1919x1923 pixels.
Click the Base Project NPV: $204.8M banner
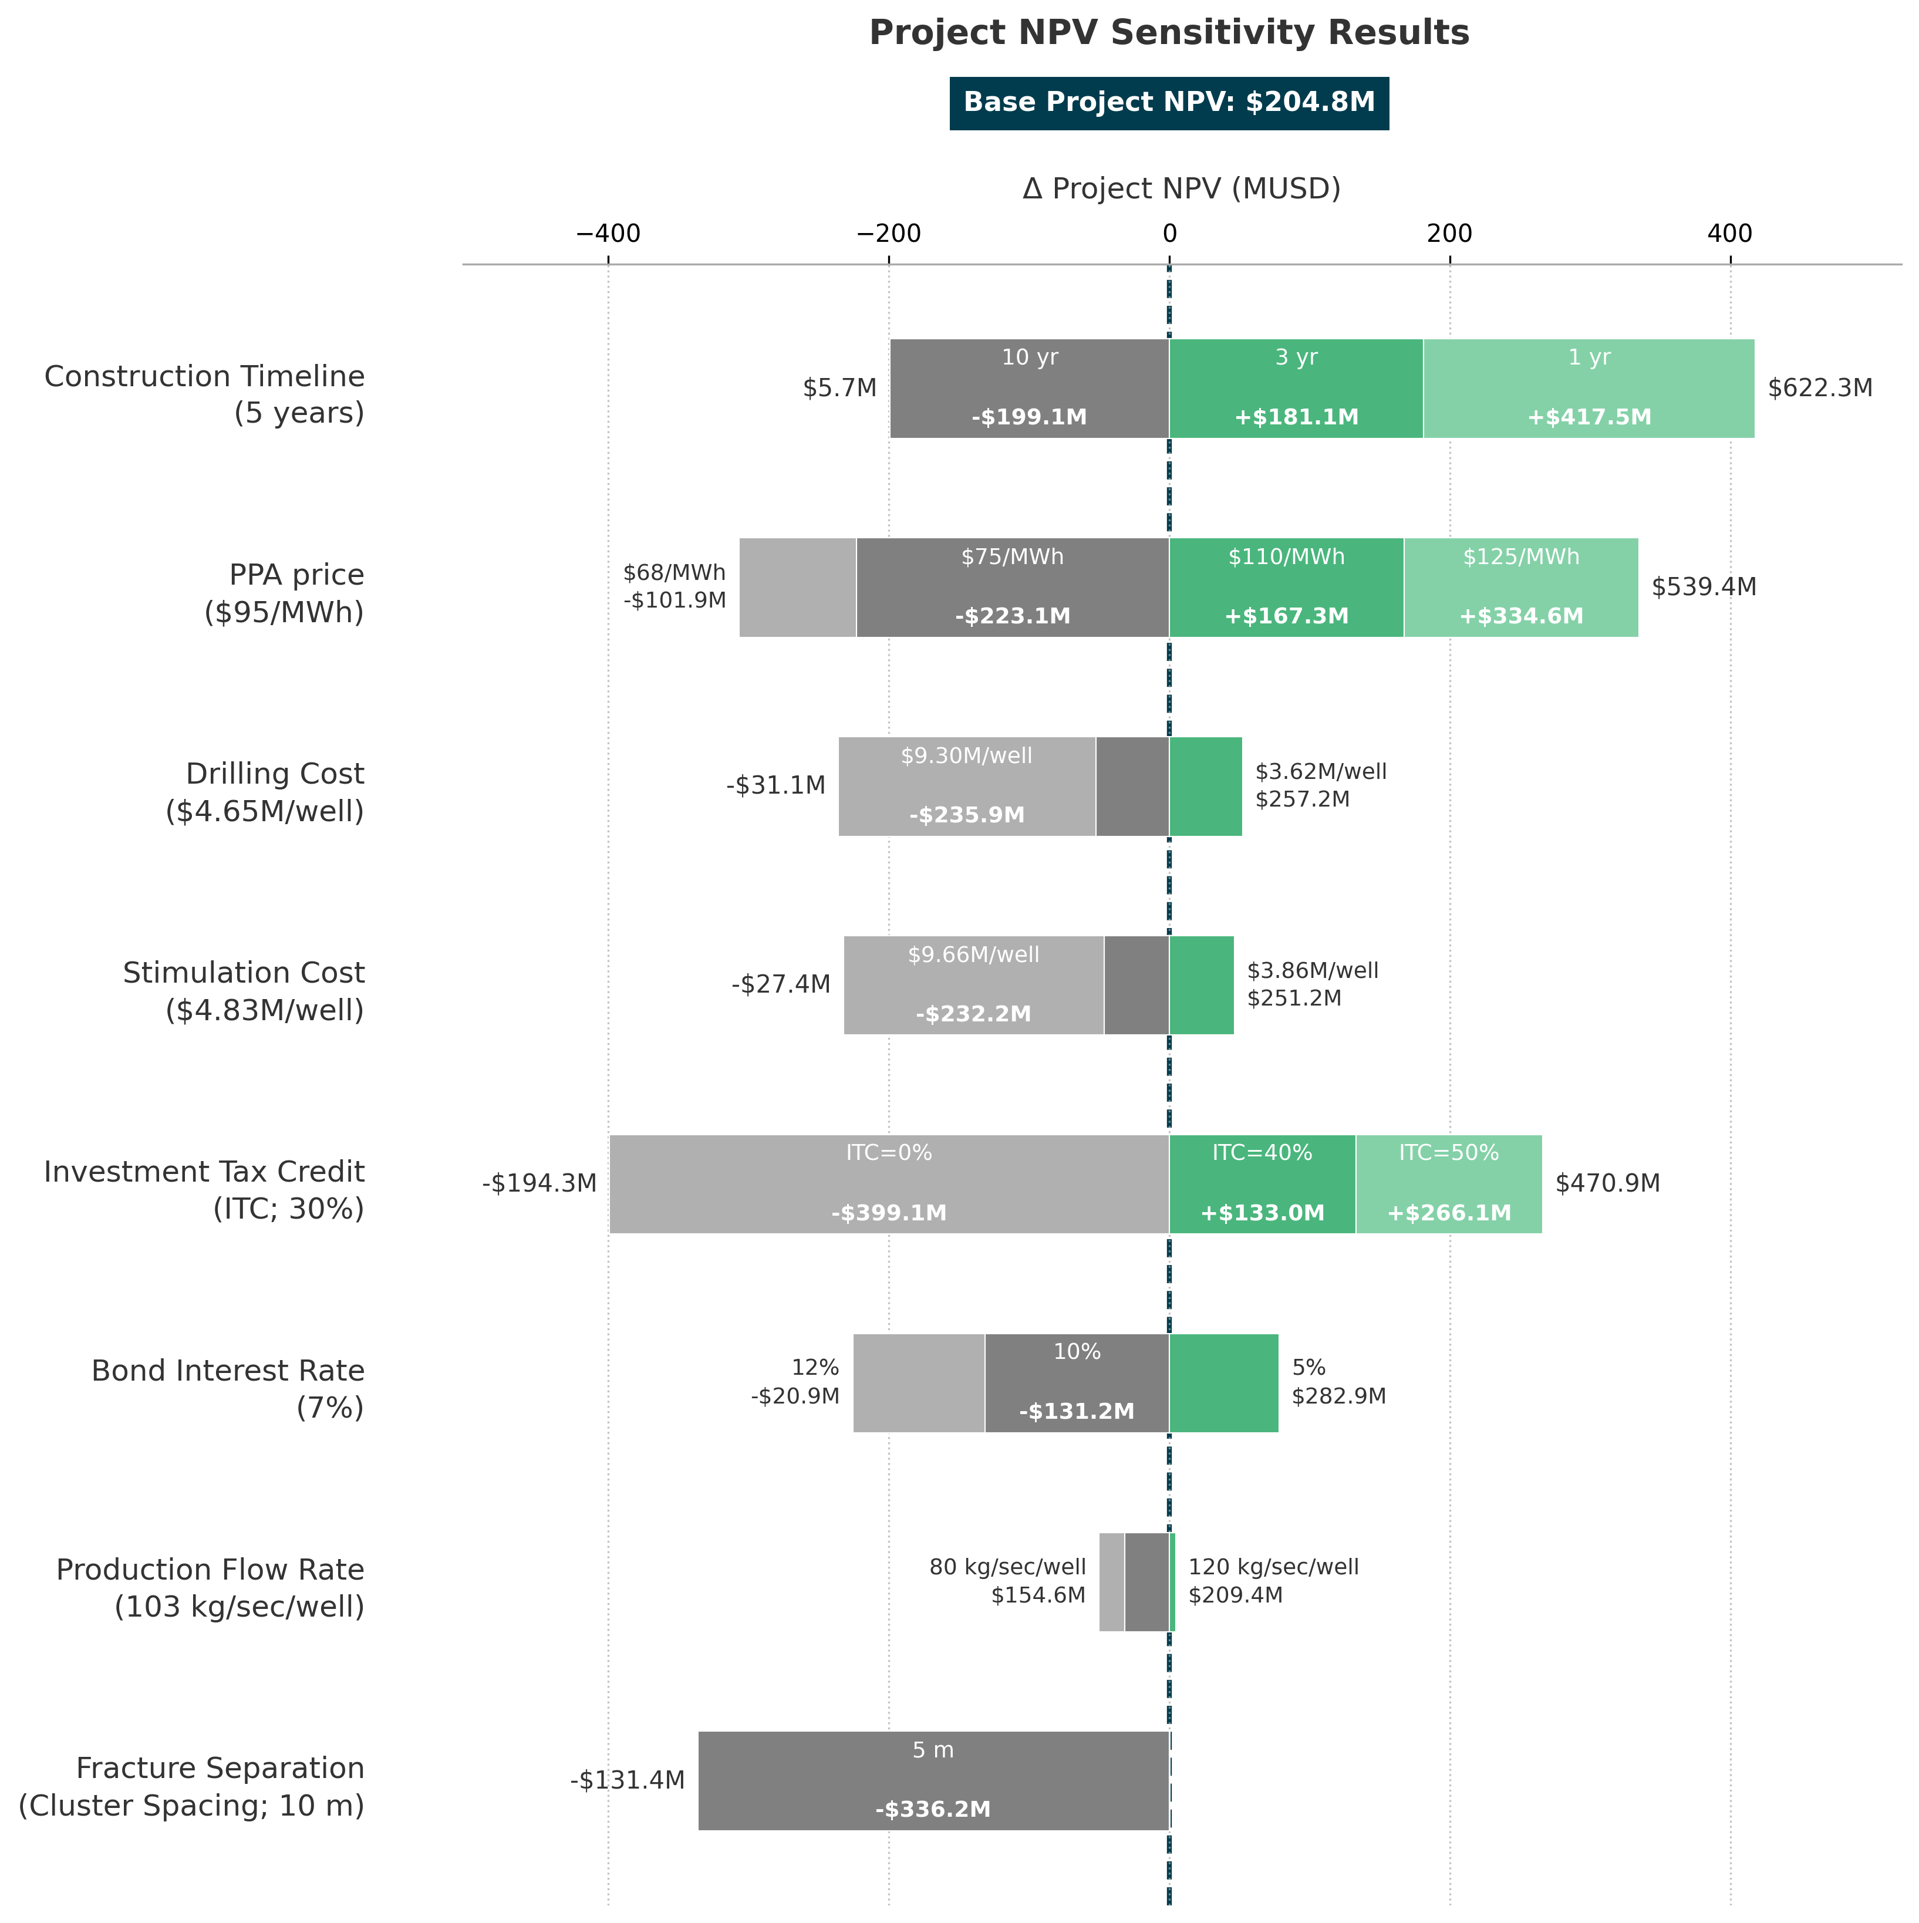[x=1169, y=103]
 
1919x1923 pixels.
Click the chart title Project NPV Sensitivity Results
[x=1169, y=33]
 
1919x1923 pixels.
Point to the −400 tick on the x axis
[x=608, y=234]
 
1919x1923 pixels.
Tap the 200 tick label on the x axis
[x=1449, y=234]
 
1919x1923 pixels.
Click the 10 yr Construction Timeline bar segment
[x=1029, y=388]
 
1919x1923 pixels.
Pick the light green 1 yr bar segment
[x=1589, y=388]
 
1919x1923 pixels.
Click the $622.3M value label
[x=1819, y=388]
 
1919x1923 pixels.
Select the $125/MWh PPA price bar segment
[x=1521, y=587]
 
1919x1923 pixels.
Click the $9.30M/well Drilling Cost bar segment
[x=966, y=787]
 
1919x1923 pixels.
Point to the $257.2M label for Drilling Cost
[x=1302, y=799]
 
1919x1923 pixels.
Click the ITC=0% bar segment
[x=889, y=1185]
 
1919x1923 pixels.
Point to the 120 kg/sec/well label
[x=1273, y=1568]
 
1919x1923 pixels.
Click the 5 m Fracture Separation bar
[x=933, y=1781]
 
